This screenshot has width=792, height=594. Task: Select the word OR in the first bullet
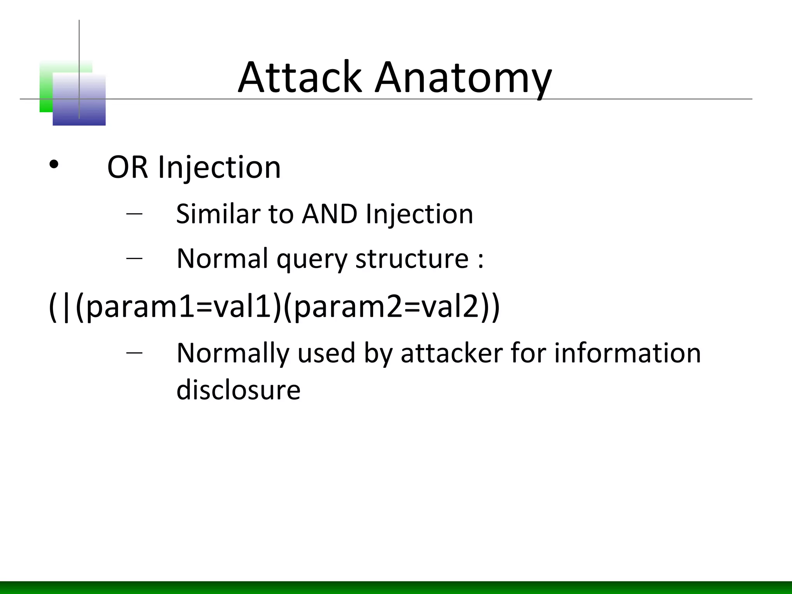pyautogui.click(x=127, y=167)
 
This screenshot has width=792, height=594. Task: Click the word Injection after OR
pyautogui.click(x=219, y=167)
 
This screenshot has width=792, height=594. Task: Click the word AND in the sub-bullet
pyautogui.click(x=329, y=214)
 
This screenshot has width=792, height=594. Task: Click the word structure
pyautogui.click(x=412, y=259)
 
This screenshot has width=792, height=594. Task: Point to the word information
pyautogui.click(x=627, y=353)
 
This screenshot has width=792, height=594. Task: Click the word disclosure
pyautogui.click(x=238, y=389)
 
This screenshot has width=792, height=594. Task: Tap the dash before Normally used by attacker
pyautogui.click(x=134, y=352)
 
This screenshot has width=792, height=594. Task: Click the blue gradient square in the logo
pyautogui.click(x=79, y=104)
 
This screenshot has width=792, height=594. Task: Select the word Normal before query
pyautogui.click(x=222, y=259)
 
